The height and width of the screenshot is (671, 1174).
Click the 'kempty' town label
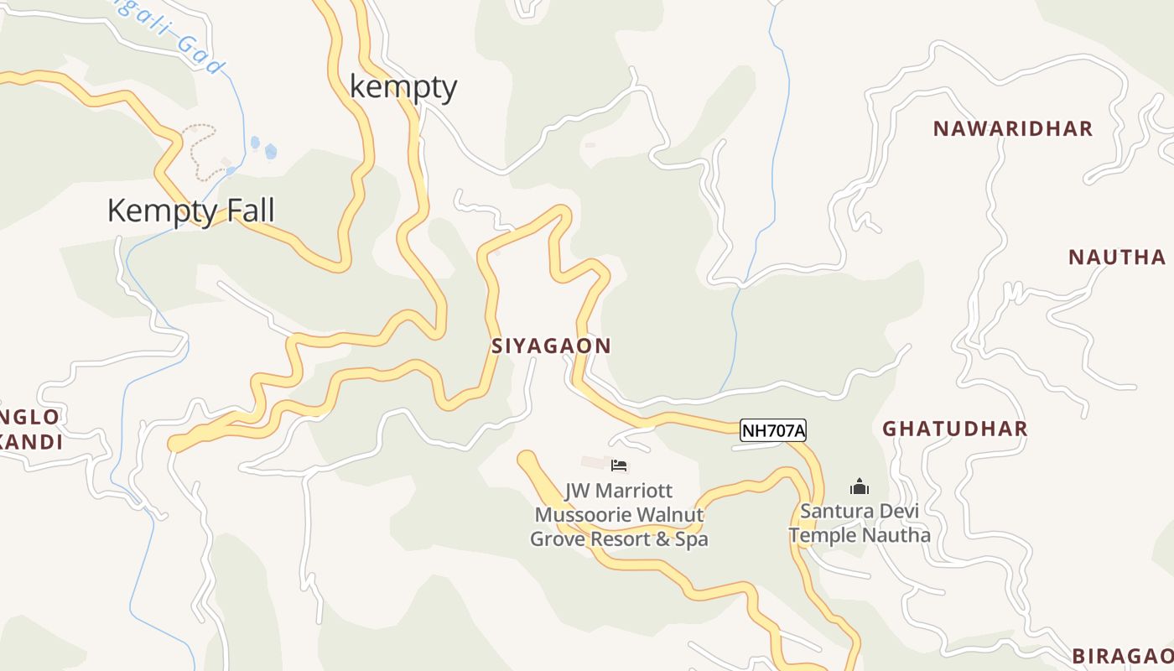[403, 87]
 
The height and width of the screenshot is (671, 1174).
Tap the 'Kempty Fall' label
[191, 211]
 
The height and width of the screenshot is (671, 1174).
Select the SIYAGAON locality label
[551, 346]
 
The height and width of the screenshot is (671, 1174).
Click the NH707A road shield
[773, 431]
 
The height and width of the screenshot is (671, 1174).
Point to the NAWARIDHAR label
[1013, 128]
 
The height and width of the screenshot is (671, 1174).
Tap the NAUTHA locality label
[1116, 257]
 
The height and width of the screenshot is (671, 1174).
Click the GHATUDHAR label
[954, 429]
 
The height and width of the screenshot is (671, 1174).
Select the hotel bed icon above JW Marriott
[619, 466]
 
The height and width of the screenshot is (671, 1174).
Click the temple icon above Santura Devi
[859, 486]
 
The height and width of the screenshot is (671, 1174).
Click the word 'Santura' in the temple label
[835, 511]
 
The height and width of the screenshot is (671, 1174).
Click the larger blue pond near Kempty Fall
[271, 152]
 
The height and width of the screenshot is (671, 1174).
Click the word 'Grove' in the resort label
[558, 539]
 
